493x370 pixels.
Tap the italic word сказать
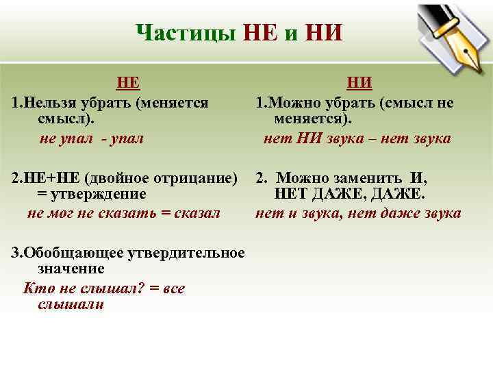point(134,212)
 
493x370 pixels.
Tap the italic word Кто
point(36,288)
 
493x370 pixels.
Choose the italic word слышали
point(71,305)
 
